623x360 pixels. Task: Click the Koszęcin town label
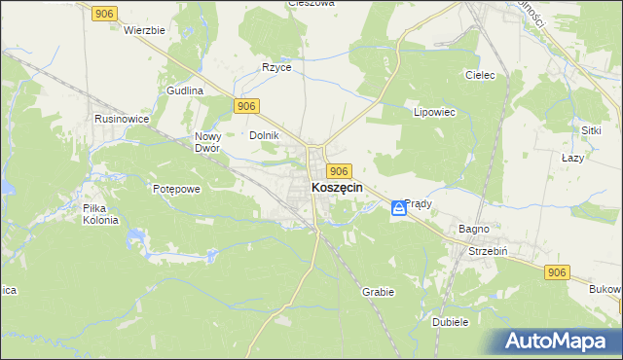coord(337,189)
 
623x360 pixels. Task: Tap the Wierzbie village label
coord(145,30)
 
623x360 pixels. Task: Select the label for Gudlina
coord(184,90)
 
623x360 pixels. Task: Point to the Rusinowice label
coord(121,118)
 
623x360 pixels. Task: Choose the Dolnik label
coord(265,136)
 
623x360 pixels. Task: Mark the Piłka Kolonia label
coord(100,214)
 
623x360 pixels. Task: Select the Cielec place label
coord(481,75)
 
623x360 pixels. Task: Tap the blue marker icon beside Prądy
coord(399,208)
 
